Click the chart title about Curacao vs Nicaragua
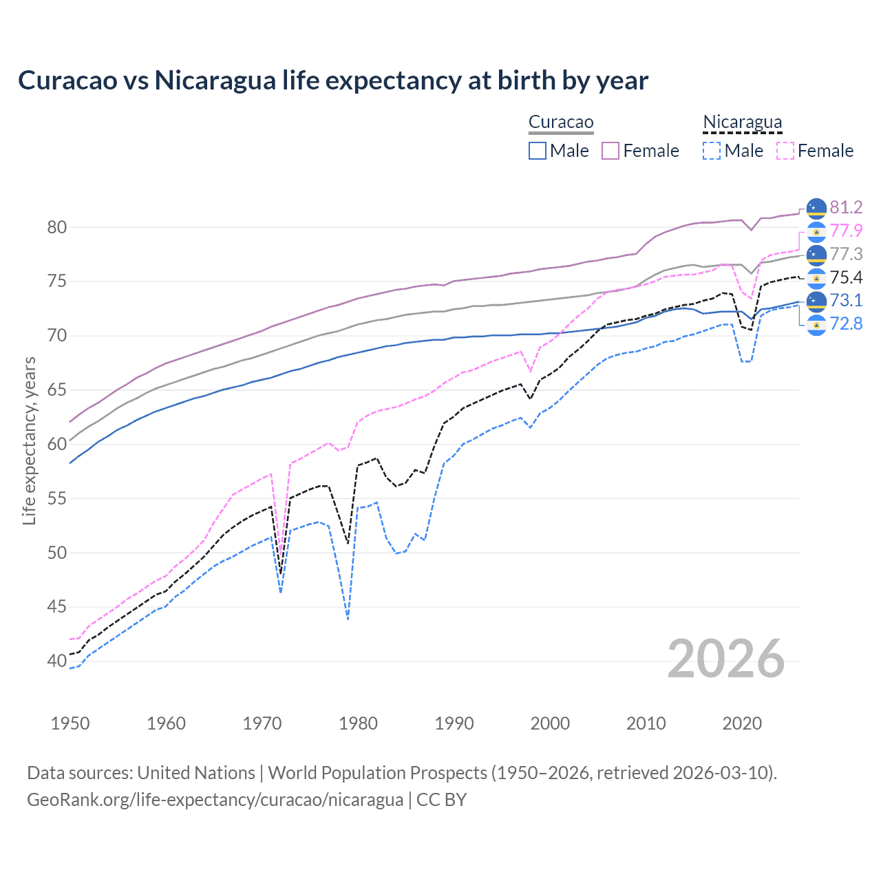click(333, 81)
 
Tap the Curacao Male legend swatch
click(538, 151)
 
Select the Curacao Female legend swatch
click(611, 151)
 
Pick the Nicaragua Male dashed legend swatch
click(712, 151)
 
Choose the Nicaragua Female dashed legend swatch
click(785, 151)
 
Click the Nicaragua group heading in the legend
click(742, 123)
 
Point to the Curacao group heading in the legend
click(561, 123)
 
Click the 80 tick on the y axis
click(57, 228)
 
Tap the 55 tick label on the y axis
click(57, 499)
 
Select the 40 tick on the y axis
click(57, 661)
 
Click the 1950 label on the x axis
click(70, 723)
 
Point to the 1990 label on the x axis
click(454, 723)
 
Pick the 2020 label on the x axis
click(742, 723)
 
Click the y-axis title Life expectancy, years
click(30, 441)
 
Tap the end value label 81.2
click(846, 208)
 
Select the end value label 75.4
click(846, 277)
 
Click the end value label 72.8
click(846, 323)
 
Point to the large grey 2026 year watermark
click(726, 659)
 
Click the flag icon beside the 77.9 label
click(816, 231)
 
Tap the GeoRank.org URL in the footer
click(215, 800)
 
